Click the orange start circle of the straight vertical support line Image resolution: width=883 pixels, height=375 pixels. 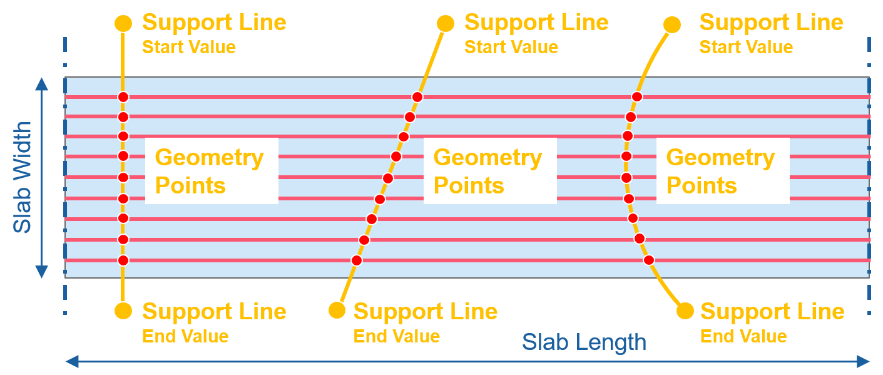pyautogui.click(x=123, y=24)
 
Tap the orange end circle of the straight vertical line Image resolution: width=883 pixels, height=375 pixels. pyautogui.click(x=123, y=311)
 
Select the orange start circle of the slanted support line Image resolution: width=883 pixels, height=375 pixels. pyautogui.click(x=445, y=24)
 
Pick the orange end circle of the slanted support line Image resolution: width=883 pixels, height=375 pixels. pyautogui.click(x=337, y=310)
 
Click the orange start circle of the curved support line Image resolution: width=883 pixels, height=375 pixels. pyautogui.click(x=672, y=24)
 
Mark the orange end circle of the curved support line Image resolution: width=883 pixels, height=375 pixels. pyautogui.click(x=685, y=311)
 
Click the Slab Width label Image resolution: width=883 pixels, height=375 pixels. pyautogui.click(x=23, y=177)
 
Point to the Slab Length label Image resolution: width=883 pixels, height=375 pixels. pyautogui.click(x=584, y=342)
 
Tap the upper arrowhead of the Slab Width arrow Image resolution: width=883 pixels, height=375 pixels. pyautogui.click(x=41, y=84)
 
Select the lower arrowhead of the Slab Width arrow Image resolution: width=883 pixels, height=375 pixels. pyautogui.click(x=41, y=270)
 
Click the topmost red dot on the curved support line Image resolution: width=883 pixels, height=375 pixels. pyautogui.click(x=636, y=96)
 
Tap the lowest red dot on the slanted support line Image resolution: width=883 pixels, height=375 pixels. pyautogui.click(x=356, y=260)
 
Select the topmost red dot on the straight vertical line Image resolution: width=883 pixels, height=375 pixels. pyautogui.click(x=123, y=97)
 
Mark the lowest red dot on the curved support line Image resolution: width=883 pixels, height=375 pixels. pyautogui.click(x=649, y=259)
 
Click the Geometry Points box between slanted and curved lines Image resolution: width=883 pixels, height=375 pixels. pyautogui.click(x=489, y=171)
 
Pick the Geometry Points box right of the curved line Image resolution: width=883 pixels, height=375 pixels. pyautogui.click(x=722, y=171)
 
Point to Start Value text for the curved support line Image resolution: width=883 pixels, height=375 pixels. pyautogui.click(x=746, y=47)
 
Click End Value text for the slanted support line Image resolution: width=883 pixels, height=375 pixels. pyautogui.click(x=397, y=336)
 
